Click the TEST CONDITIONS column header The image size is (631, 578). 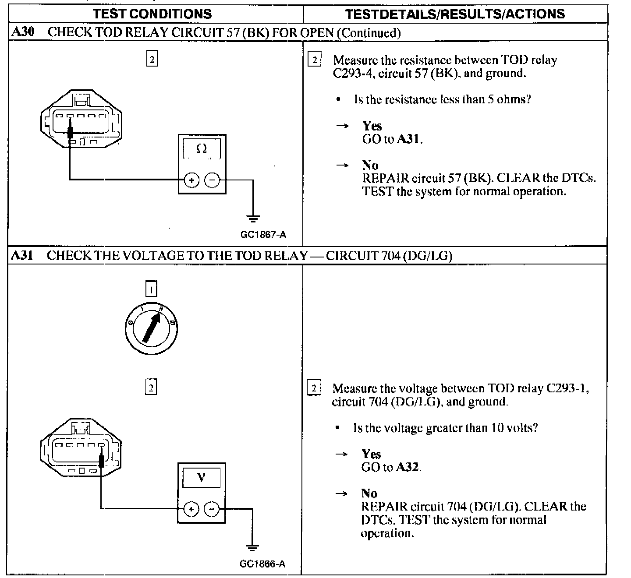coord(152,14)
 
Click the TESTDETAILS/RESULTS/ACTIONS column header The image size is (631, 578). coord(455,14)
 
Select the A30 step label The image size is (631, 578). coord(22,32)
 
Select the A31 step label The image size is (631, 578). coord(22,255)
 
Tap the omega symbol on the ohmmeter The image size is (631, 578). coord(202,150)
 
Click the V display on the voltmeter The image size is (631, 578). coord(201,477)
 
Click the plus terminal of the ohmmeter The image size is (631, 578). coord(191,180)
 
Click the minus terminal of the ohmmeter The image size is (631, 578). coord(212,180)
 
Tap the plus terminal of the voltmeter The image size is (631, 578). coord(191,509)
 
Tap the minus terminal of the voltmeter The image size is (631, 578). coord(212,509)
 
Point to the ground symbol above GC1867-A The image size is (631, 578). coord(253,217)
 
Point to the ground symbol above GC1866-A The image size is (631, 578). coord(252,547)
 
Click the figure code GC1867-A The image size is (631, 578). coord(263,235)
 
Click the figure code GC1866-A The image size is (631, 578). coord(262,564)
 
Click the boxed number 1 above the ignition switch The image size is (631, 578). coord(151,289)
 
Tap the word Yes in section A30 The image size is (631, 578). coord(372,126)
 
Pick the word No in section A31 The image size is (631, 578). coord(369,493)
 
